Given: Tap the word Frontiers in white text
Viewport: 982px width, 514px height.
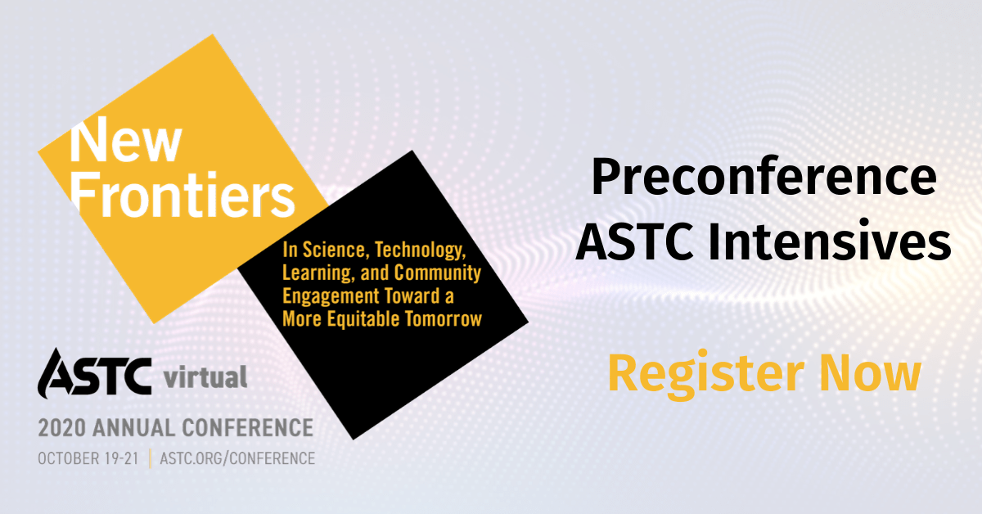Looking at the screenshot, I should tap(182, 195).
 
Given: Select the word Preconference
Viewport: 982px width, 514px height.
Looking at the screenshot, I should tap(764, 178).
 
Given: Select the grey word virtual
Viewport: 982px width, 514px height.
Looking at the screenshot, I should tap(205, 378).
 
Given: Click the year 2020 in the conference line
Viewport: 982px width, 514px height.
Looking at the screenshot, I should tap(62, 427).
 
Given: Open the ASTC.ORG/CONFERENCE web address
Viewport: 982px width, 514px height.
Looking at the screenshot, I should tap(237, 458).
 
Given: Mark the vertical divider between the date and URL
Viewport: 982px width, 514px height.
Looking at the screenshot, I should tap(150, 458).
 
